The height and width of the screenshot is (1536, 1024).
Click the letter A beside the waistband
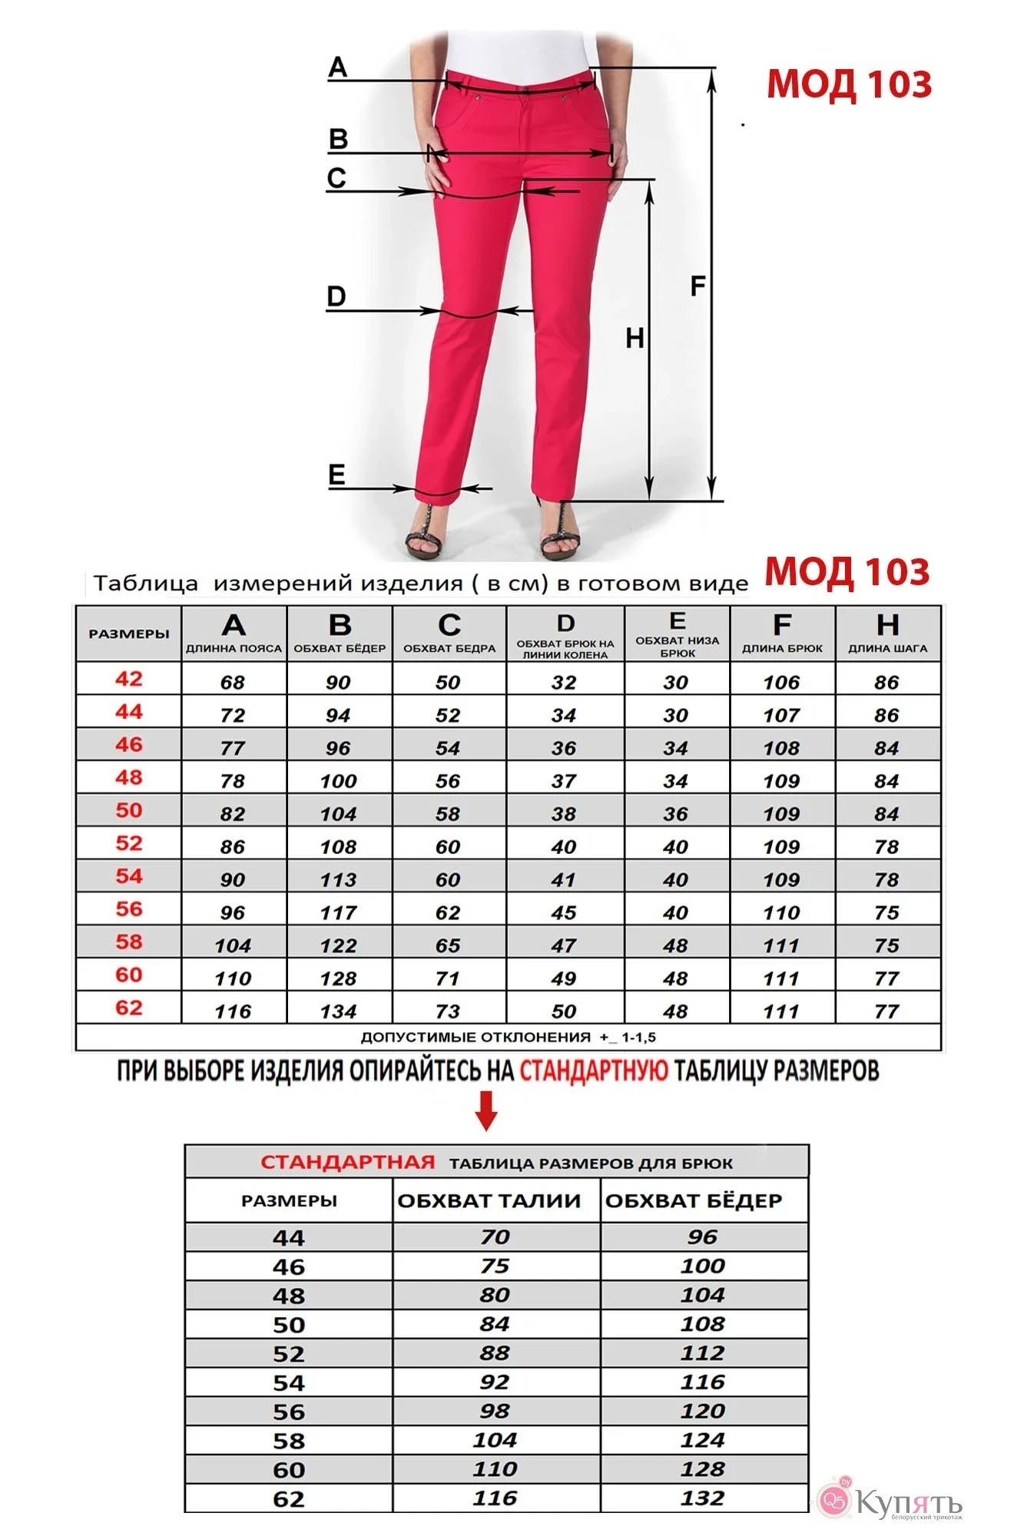337,68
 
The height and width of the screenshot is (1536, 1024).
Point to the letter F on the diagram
698,286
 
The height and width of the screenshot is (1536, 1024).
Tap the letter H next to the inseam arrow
635,338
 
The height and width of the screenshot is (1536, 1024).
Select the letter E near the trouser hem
336,475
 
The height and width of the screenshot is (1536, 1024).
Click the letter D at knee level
336,296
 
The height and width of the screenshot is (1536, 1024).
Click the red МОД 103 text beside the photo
849,84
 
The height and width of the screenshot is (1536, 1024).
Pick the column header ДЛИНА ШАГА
887,648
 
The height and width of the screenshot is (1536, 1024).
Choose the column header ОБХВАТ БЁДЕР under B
340,648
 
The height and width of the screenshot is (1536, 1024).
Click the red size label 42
129,679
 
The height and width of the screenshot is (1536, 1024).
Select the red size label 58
129,942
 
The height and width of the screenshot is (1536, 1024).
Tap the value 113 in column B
338,880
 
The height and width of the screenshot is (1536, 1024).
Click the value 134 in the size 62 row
338,1011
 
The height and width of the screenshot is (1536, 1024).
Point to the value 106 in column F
781,683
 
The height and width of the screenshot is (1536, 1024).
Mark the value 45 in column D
563,913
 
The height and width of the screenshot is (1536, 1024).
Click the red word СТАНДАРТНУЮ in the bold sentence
594,1071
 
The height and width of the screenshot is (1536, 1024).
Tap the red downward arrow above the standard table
486,1111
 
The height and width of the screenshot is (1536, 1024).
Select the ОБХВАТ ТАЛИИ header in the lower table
489,1201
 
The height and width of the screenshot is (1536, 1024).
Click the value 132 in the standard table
702,1498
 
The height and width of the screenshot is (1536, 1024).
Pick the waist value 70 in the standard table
495,1237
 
